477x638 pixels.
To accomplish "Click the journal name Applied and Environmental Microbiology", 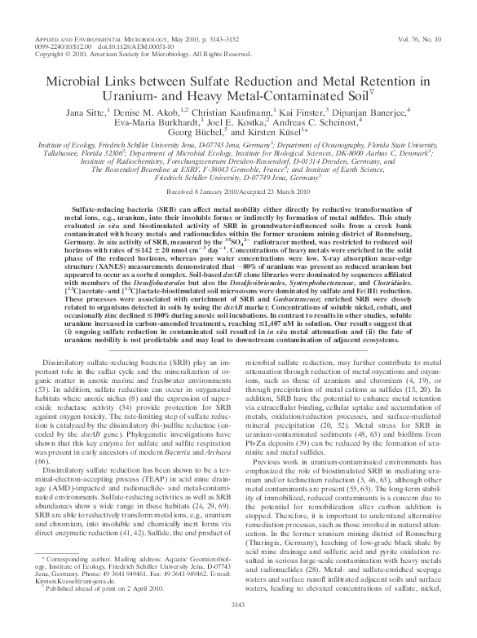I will tap(97, 39).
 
